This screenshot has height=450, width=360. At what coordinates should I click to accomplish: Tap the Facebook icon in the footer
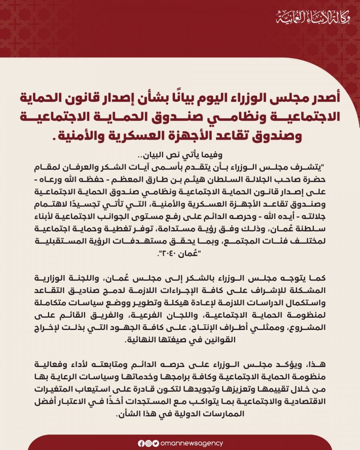(141, 443)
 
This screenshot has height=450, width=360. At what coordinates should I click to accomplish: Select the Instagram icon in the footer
(148, 443)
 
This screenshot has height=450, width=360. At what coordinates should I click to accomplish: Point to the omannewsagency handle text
(191, 443)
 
